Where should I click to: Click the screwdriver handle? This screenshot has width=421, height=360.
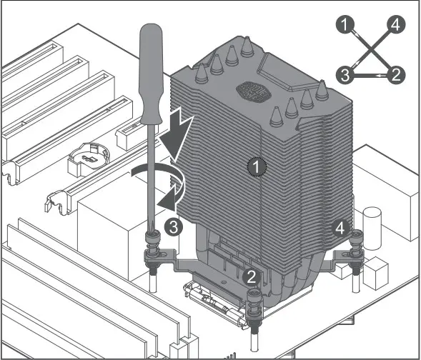coord(150,74)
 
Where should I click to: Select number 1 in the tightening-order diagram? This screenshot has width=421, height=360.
coord(345,25)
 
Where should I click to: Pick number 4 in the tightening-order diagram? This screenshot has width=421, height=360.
coord(396,25)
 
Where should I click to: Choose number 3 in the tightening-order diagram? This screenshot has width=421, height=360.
coord(345,75)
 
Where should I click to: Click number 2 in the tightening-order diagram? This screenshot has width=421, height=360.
coord(396,75)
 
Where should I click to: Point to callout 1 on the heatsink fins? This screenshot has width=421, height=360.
coord(257,166)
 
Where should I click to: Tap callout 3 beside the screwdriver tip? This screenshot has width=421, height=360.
coord(174,227)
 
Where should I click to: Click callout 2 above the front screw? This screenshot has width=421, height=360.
coord(252,277)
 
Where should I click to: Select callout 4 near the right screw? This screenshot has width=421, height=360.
coord(340,229)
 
